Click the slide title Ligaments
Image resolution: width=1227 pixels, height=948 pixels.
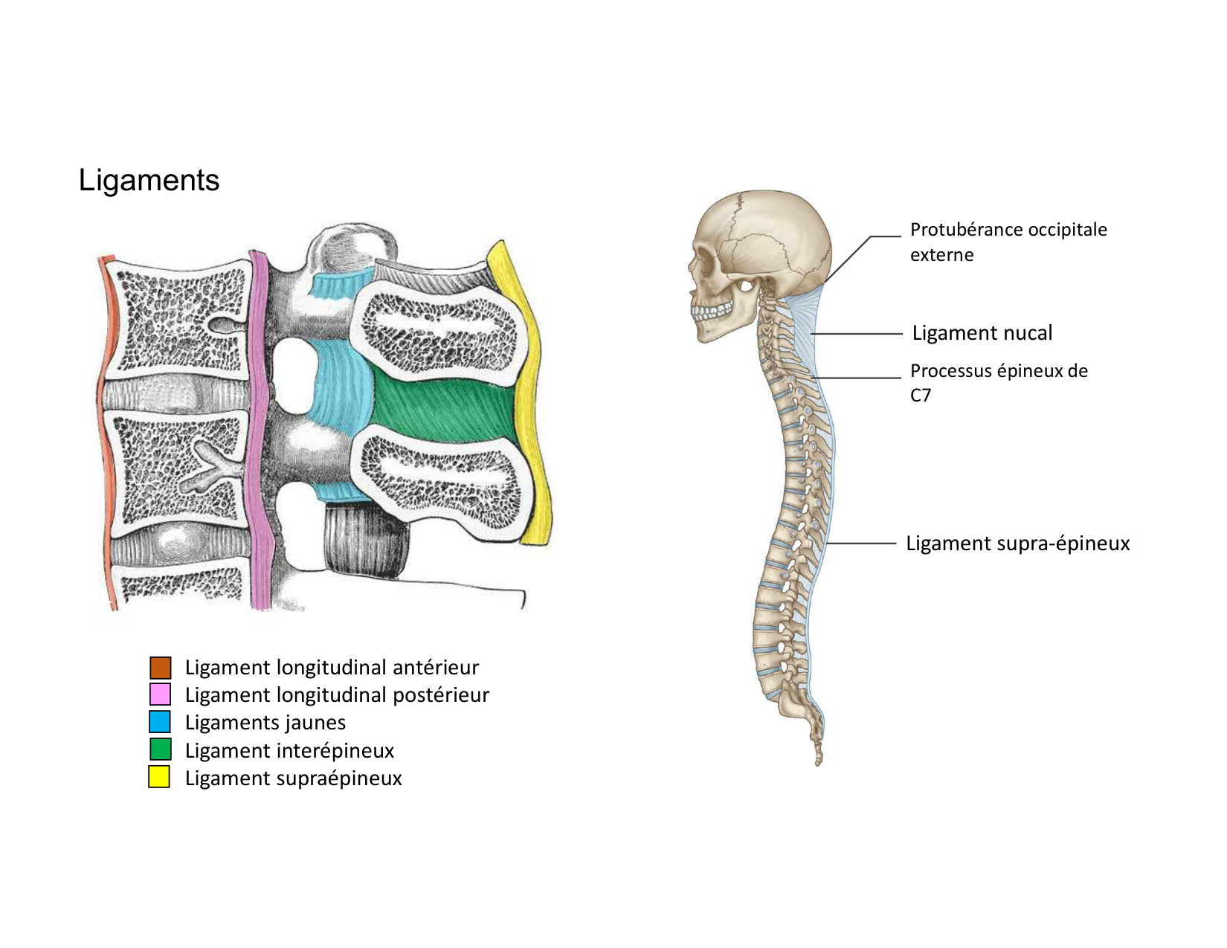click(x=149, y=181)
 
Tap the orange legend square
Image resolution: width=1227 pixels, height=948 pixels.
click(x=160, y=668)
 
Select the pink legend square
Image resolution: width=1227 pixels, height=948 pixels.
click(x=160, y=694)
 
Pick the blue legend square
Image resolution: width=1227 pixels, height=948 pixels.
click(x=160, y=722)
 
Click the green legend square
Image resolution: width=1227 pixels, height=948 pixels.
click(x=160, y=749)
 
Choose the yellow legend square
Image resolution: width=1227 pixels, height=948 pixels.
click(x=159, y=777)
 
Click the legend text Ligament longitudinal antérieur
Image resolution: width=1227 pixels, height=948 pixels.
click(x=332, y=668)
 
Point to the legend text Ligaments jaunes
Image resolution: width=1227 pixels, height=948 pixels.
click(x=265, y=723)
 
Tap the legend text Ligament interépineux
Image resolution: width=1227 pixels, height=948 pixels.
click(x=289, y=751)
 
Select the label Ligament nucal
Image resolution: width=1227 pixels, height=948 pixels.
click(x=982, y=333)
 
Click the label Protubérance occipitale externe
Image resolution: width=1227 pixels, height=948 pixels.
click(x=1008, y=242)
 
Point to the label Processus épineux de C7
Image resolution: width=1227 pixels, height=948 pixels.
click(x=998, y=382)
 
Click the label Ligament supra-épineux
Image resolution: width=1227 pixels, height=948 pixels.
click(x=1017, y=544)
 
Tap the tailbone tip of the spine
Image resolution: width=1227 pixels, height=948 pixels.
click(x=819, y=759)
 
